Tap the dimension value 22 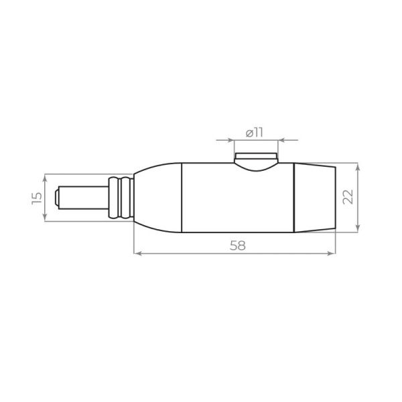pyautogui.click(x=347, y=197)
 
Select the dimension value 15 pyautogui.click(x=37, y=197)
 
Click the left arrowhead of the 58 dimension pyautogui.click(x=137, y=253)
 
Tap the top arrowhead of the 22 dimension pyautogui.click(x=358, y=165)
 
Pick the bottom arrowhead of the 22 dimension pyautogui.click(x=358, y=229)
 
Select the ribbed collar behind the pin pyautogui.click(x=121, y=197)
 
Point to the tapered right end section pyautogui.click(x=315, y=197)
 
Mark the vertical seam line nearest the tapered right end pyautogui.click(x=295, y=197)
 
